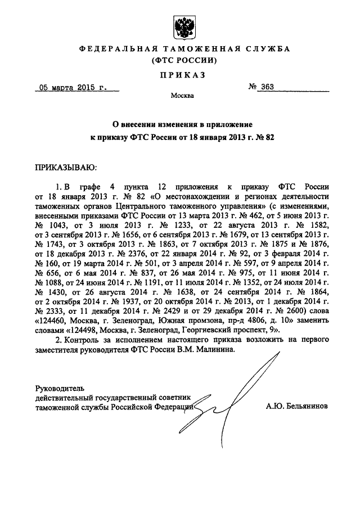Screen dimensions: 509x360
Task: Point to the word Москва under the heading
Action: pos(182,96)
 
